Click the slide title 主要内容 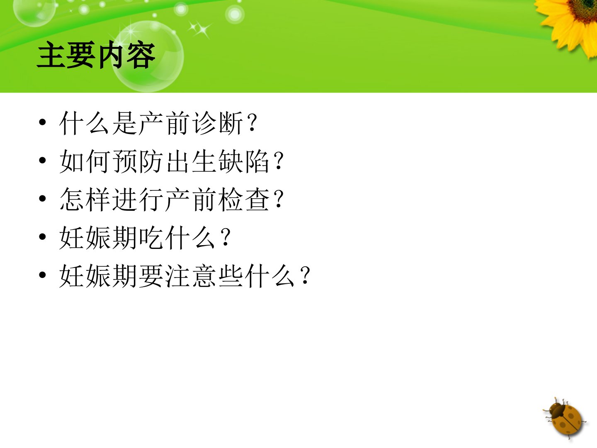coord(96,55)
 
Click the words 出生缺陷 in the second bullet coord(218,161)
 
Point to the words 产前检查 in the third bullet coord(218,200)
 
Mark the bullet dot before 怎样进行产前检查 coord(42,198)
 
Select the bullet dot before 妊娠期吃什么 coord(42,236)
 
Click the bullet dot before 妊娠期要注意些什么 coord(42,275)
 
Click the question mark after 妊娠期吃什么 coord(226,237)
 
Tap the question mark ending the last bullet coord(306,275)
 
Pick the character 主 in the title coord(51,55)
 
